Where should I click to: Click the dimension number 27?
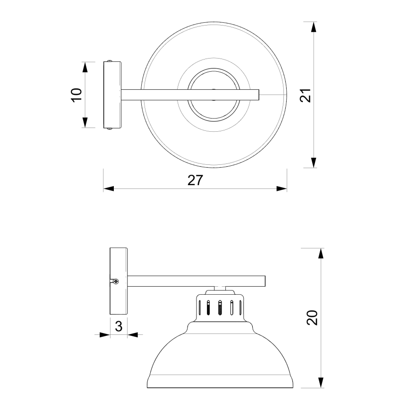pos(195,180)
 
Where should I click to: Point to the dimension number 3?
pos(119,326)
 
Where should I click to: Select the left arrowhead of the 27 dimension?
pos(109,189)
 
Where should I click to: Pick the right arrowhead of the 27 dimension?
pos(282,189)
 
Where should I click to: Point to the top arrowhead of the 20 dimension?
pos(321,253)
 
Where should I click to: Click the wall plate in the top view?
pos(112,94)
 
